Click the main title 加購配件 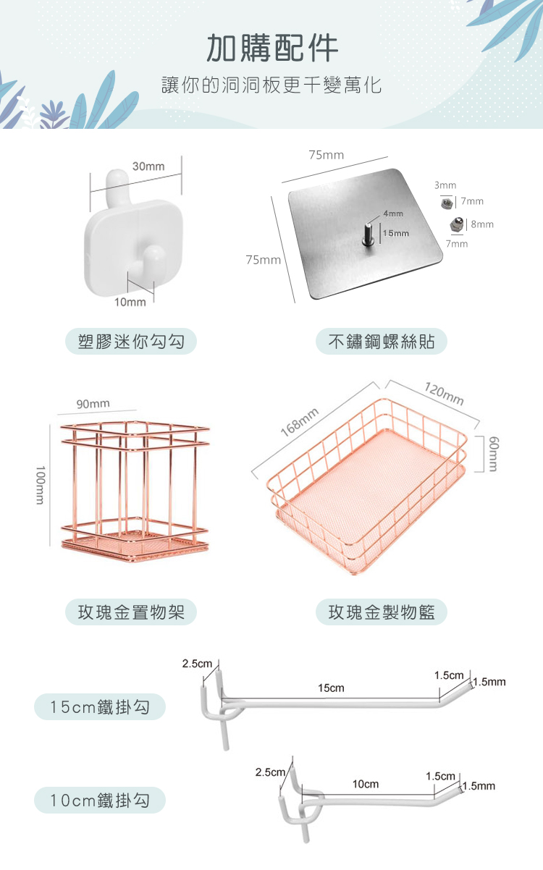[272, 48]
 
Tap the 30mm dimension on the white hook [148, 166]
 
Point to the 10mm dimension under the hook [130, 302]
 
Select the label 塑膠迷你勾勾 [131, 342]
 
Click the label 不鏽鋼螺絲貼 [382, 342]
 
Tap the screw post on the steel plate [367, 235]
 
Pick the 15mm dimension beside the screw [396, 233]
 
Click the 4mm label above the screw [393, 214]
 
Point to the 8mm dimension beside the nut [482, 224]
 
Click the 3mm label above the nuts [445, 185]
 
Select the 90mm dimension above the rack [93, 404]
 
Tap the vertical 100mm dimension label [41, 485]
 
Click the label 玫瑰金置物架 [131, 612]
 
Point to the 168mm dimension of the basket [300, 422]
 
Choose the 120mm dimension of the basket [444, 394]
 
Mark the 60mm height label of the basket [493, 454]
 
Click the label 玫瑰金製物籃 [382, 612]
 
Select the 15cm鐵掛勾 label [100, 707]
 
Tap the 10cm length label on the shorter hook [366, 784]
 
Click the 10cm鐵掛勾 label [100, 801]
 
